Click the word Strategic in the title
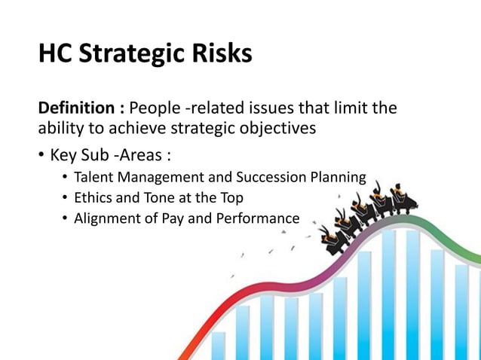tap(132, 54)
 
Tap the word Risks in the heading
tap(219, 54)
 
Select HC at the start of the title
tap(55, 54)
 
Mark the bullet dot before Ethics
tap(66, 199)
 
